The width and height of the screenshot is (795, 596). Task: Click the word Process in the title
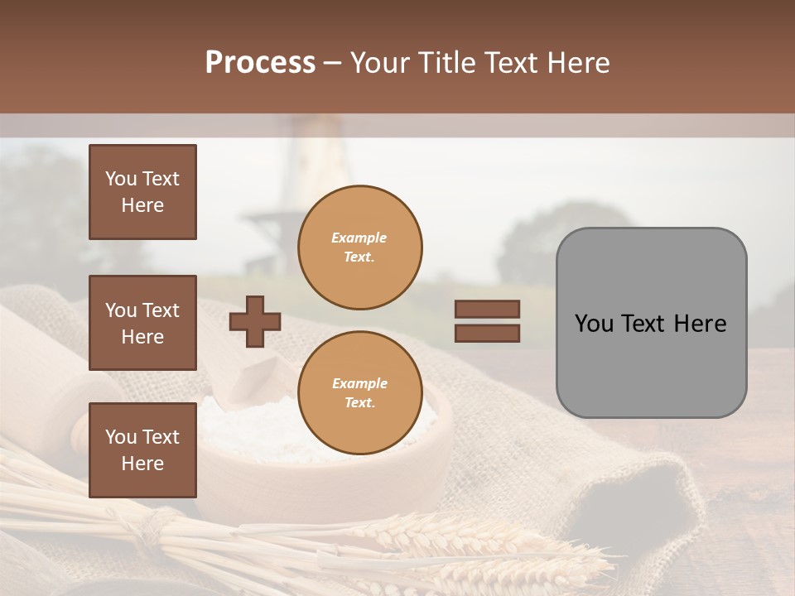pyautogui.click(x=260, y=63)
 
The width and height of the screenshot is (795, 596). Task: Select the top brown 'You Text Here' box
pyautogui.click(x=142, y=192)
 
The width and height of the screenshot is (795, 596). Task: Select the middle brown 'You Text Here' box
pyautogui.click(x=142, y=323)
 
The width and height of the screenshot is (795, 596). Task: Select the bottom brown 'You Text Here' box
pyautogui.click(x=142, y=450)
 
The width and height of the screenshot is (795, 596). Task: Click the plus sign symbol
pyautogui.click(x=255, y=321)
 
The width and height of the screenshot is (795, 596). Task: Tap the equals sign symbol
pyautogui.click(x=487, y=321)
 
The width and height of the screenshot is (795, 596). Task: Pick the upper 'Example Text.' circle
pyautogui.click(x=359, y=247)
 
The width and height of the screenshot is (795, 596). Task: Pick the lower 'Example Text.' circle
pyautogui.click(x=359, y=392)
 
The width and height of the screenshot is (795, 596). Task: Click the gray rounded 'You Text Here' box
pyautogui.click(x=651, y=323)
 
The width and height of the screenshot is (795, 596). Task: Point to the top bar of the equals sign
pyautogui.click(x=487, y=309)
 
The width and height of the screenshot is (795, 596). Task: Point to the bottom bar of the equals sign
pyautogui.click(x=487, y=333)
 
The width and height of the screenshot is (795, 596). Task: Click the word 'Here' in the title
pyautogui.click(x=580, y=63)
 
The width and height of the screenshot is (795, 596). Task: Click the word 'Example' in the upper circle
pyautogui.click(x=359, y=238)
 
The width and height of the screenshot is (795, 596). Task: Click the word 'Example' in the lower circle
pyautogui.click(x=359, y=383)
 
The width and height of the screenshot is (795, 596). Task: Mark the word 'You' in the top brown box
pyautogui.click(x=121, y=179)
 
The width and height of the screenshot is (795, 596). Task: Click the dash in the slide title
pyautogui.click(x=333, y=63)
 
